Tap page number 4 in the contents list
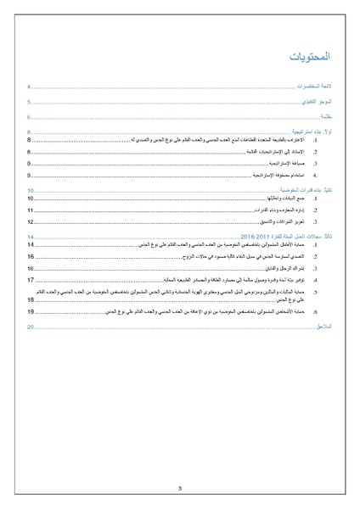point(29,87)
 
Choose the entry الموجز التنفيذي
point(315,102)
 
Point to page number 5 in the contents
point(29,102)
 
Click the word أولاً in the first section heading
point(326,132)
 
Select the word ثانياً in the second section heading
point(326,191)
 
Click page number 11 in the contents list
point(31,210)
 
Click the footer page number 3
point(180,488)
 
